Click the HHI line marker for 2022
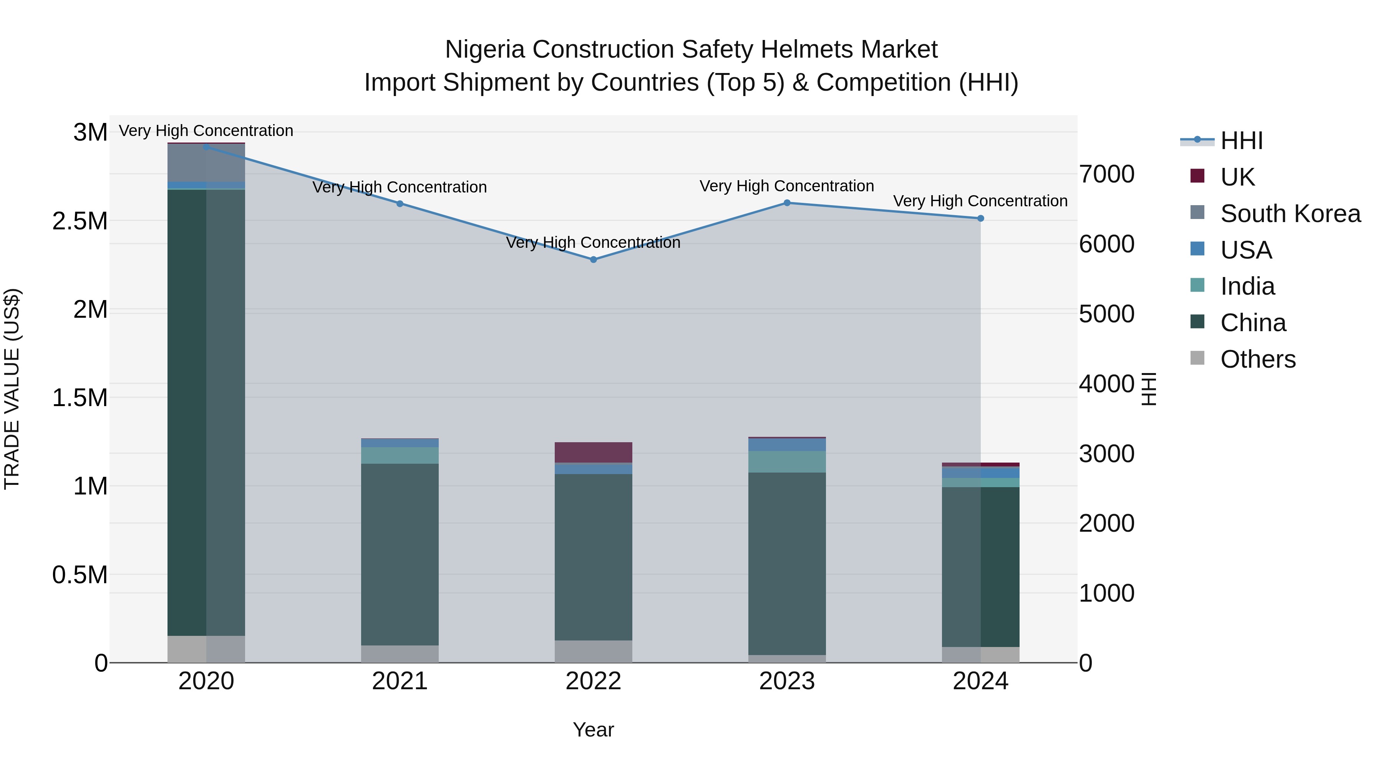(593, 259)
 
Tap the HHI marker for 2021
(400, 204)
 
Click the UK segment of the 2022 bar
(593, 452)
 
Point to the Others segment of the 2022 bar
(593, 651)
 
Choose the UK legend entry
(1237, 177)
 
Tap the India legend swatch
(1197, 285)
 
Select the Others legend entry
(1257, 359)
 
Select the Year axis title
(593, 729)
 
